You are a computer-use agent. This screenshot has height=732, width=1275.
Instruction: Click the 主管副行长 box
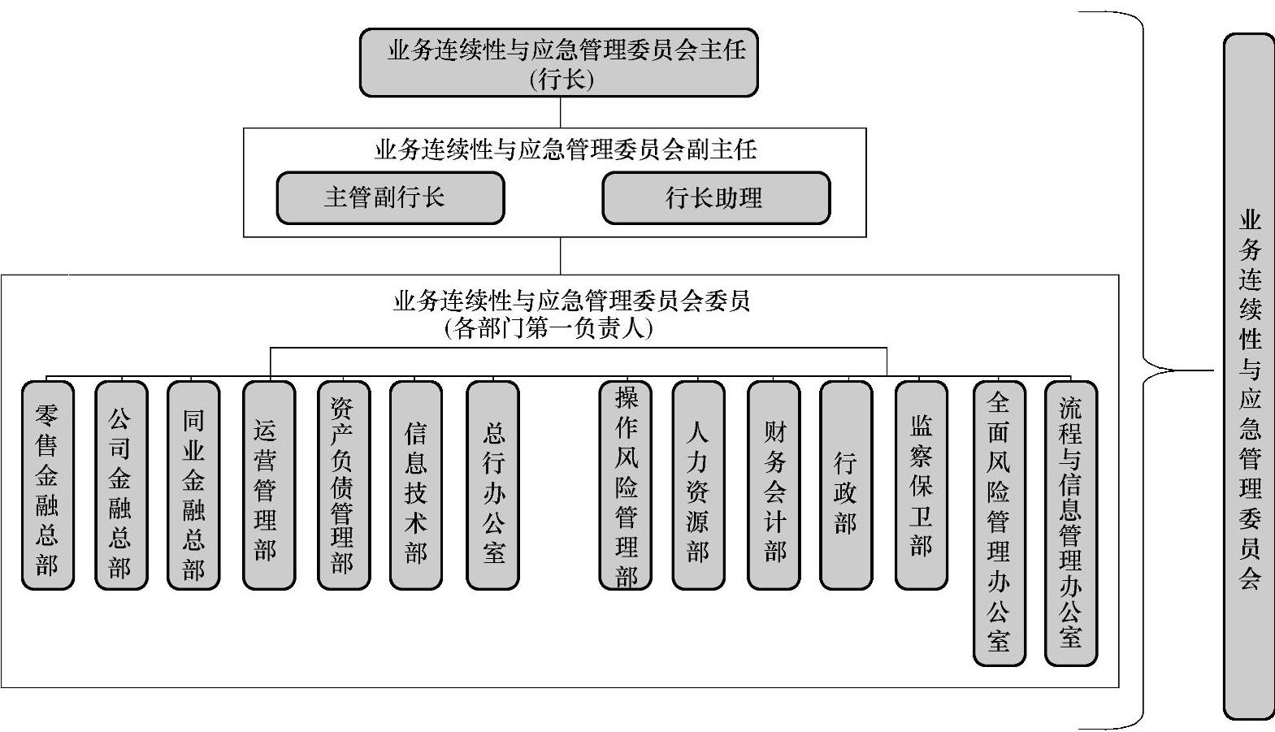390,197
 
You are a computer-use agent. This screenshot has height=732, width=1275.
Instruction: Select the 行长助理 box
715,197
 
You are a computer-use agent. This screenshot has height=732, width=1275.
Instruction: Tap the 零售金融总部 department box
48,485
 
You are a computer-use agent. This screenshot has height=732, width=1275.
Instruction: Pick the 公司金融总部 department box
121,485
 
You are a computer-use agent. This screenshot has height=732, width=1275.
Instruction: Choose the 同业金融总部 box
193,485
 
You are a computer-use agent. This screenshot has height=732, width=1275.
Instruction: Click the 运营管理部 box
268,485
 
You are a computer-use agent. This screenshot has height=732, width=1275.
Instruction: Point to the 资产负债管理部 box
343,485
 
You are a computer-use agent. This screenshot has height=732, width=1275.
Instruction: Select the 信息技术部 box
416,485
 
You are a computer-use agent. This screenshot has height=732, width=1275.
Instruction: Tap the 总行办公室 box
492,485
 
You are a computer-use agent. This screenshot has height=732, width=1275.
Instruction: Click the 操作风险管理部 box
625,485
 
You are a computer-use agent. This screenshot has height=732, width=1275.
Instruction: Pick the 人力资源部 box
698,485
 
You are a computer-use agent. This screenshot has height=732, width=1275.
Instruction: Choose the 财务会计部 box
773,485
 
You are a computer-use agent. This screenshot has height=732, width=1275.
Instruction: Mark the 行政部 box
846,485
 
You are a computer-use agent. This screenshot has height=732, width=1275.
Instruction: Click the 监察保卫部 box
921,485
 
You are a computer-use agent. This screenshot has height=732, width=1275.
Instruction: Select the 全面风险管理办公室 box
999,523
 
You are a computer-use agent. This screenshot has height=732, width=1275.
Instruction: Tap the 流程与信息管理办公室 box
1070,523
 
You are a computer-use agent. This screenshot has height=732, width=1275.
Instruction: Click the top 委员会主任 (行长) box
559,63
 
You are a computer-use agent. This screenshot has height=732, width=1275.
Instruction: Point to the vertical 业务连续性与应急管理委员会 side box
1249,376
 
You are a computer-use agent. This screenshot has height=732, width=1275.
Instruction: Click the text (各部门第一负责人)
549,329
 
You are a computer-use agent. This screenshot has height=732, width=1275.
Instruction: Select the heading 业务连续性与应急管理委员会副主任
566,149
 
